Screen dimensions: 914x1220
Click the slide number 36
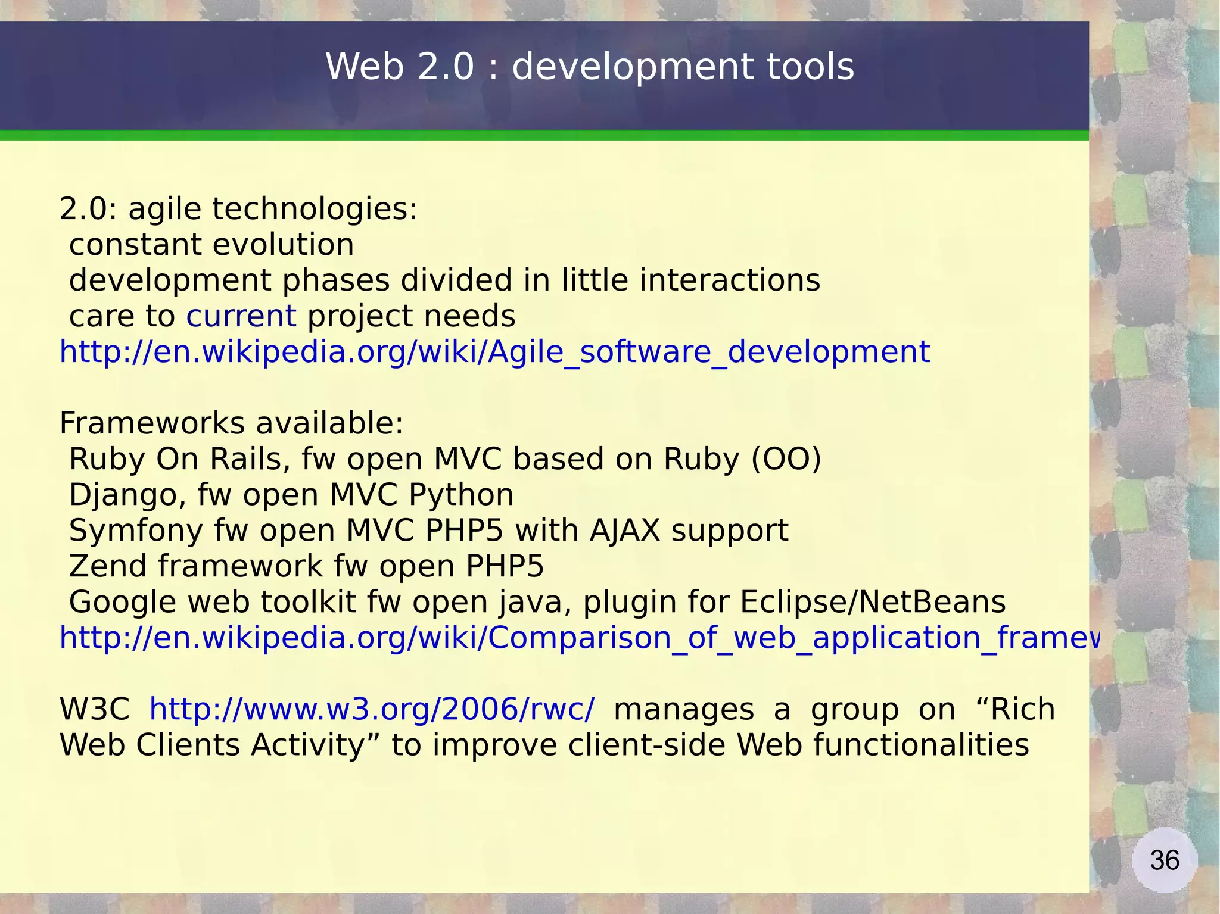click(1164, 860)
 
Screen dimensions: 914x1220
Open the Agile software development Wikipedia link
click(494, 352)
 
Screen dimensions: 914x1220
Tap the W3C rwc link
click(372, 709)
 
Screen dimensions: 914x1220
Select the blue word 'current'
click(241, 316)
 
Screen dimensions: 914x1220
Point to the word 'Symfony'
click(136, 531)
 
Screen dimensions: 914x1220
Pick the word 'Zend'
click(108, 566)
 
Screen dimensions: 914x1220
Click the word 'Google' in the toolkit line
click(122, 602)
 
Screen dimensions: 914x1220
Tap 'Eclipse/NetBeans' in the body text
click(873, 602)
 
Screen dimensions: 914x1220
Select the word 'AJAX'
click(625, 531)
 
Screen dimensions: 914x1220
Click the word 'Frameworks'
click(152, 423)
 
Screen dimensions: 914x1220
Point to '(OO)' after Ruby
click(786, 459)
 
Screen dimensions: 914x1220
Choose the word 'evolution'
click(283, 245)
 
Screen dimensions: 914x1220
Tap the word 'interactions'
click(730, 280)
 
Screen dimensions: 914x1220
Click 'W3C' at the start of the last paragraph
click(95, 709)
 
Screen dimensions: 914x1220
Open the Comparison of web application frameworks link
click(578, 638)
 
